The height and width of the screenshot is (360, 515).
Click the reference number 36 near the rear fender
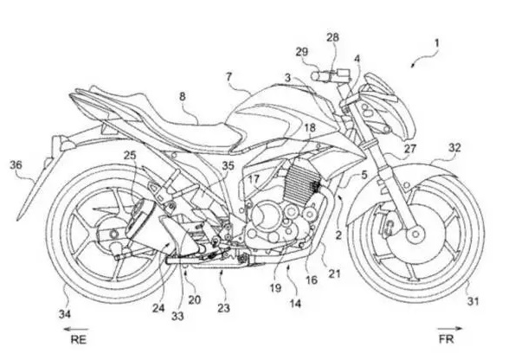(x=16, y=164)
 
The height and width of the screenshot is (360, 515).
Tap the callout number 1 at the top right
(x=436, y=43)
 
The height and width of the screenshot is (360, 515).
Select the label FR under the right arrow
(x=447, y=338)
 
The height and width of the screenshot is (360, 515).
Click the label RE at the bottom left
(x=79, y=339)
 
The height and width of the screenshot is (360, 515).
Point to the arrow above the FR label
(x=449, y=328)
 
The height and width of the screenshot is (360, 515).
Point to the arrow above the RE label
(x=76, y=329)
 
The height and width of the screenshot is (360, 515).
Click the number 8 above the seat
(x=183, y=97)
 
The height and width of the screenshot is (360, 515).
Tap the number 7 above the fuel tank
(x=229, y=77)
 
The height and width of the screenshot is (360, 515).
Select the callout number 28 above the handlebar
(x=332, y=37)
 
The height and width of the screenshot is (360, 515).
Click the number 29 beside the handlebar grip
(x=302, y=52)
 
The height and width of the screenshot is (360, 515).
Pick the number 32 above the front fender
(x=454, y=148)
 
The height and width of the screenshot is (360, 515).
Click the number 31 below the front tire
(x=473, y=301)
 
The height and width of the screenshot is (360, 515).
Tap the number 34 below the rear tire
(x=65, y=314)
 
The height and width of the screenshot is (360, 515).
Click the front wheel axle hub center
(x=415, y=235)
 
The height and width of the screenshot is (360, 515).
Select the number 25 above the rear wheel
(x=130, y=155)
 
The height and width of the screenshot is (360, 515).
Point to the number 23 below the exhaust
(x=223, y=308)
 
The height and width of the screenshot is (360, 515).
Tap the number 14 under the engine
(x=295, y=304)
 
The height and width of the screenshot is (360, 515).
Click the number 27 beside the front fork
(x=410, y=149)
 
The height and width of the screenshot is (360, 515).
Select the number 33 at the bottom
(x=177, y=316)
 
